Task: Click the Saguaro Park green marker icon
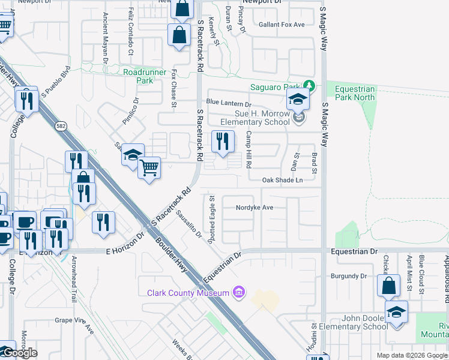click(x=309, y=86)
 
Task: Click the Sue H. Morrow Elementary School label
click(x=254, y=118)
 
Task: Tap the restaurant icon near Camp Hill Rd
click(x=223, y=142)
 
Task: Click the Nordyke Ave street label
click(x=255, y=208)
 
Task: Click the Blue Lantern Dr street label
click(x=228, y=103)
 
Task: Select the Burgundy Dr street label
click(x=349, y=276)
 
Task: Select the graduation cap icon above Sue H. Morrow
click(x=298, y=100)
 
